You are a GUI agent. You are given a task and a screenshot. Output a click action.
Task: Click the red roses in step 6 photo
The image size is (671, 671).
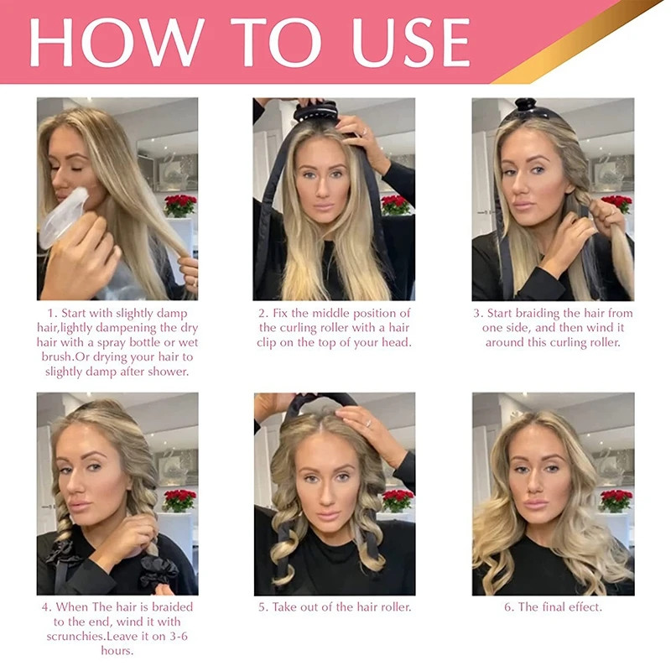[x=616, y=500]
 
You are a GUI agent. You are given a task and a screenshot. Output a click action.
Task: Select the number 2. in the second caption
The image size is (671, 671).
[x=263, y=313]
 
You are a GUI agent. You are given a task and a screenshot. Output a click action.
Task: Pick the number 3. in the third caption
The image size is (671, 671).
[x=481, y=313]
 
